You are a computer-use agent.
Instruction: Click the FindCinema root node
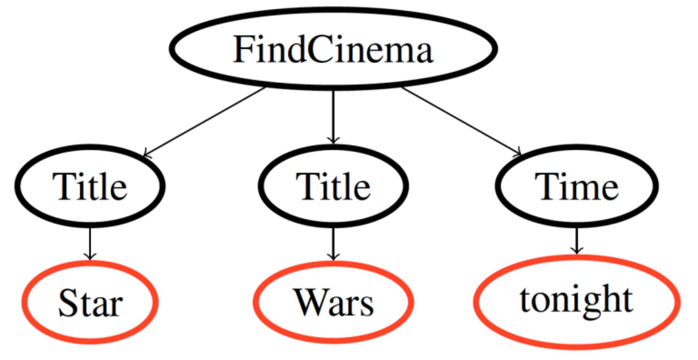[333, 49]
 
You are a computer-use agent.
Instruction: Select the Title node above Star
[90, 186]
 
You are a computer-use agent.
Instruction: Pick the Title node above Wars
[333, 186]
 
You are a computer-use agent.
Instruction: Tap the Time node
[577, 186]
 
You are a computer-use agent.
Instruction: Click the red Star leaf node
[90, 302]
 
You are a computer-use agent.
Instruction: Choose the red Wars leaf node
[333, 302]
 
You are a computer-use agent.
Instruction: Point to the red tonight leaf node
[577, 302]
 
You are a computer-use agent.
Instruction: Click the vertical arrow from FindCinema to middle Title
[333, 116]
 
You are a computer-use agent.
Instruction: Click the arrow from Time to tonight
[576, 240]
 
